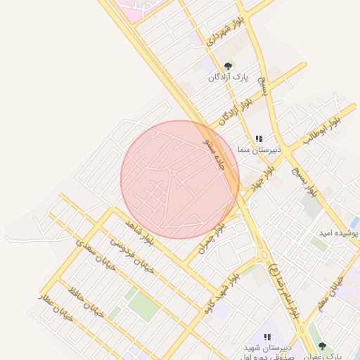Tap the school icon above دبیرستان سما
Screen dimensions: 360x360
click(x=259, y=139)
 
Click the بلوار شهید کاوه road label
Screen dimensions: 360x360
click(x=224, y=290)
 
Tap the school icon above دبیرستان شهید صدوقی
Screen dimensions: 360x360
click(x=267, y=337)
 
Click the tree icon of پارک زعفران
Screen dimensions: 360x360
click(x=322, y=347)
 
